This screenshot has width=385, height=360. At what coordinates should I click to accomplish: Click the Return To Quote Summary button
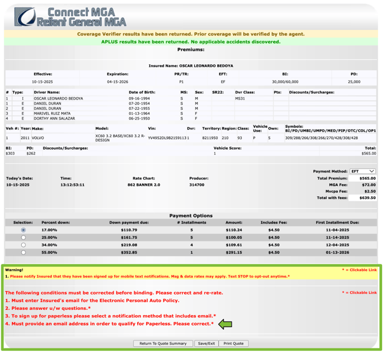tap(163, 343)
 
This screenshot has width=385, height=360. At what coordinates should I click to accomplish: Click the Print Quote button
tap(233, 343)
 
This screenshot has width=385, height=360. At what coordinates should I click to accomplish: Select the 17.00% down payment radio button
tap(24, 230)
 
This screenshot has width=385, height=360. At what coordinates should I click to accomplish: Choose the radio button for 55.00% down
tap(24, 252)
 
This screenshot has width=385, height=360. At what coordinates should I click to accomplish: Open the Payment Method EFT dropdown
tap(363, 171)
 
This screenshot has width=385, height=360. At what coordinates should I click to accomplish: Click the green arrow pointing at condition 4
tap(225, 324)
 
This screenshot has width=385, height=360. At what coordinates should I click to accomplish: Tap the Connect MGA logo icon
tap(25, 16)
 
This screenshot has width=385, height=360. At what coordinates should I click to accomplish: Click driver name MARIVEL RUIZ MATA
tap(52, 113)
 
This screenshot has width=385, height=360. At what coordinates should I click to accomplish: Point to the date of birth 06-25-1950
tap(140, 118)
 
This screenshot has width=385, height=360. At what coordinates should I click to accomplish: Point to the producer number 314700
tap(197, 185)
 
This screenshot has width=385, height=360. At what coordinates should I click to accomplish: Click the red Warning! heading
tap(14, 269)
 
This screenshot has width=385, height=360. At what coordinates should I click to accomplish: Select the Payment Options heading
tap(191, 216)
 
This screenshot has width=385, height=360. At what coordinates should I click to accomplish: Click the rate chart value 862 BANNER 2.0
tap(144, 185)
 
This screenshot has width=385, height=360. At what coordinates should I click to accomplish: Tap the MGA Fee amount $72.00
tap(368, 185)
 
